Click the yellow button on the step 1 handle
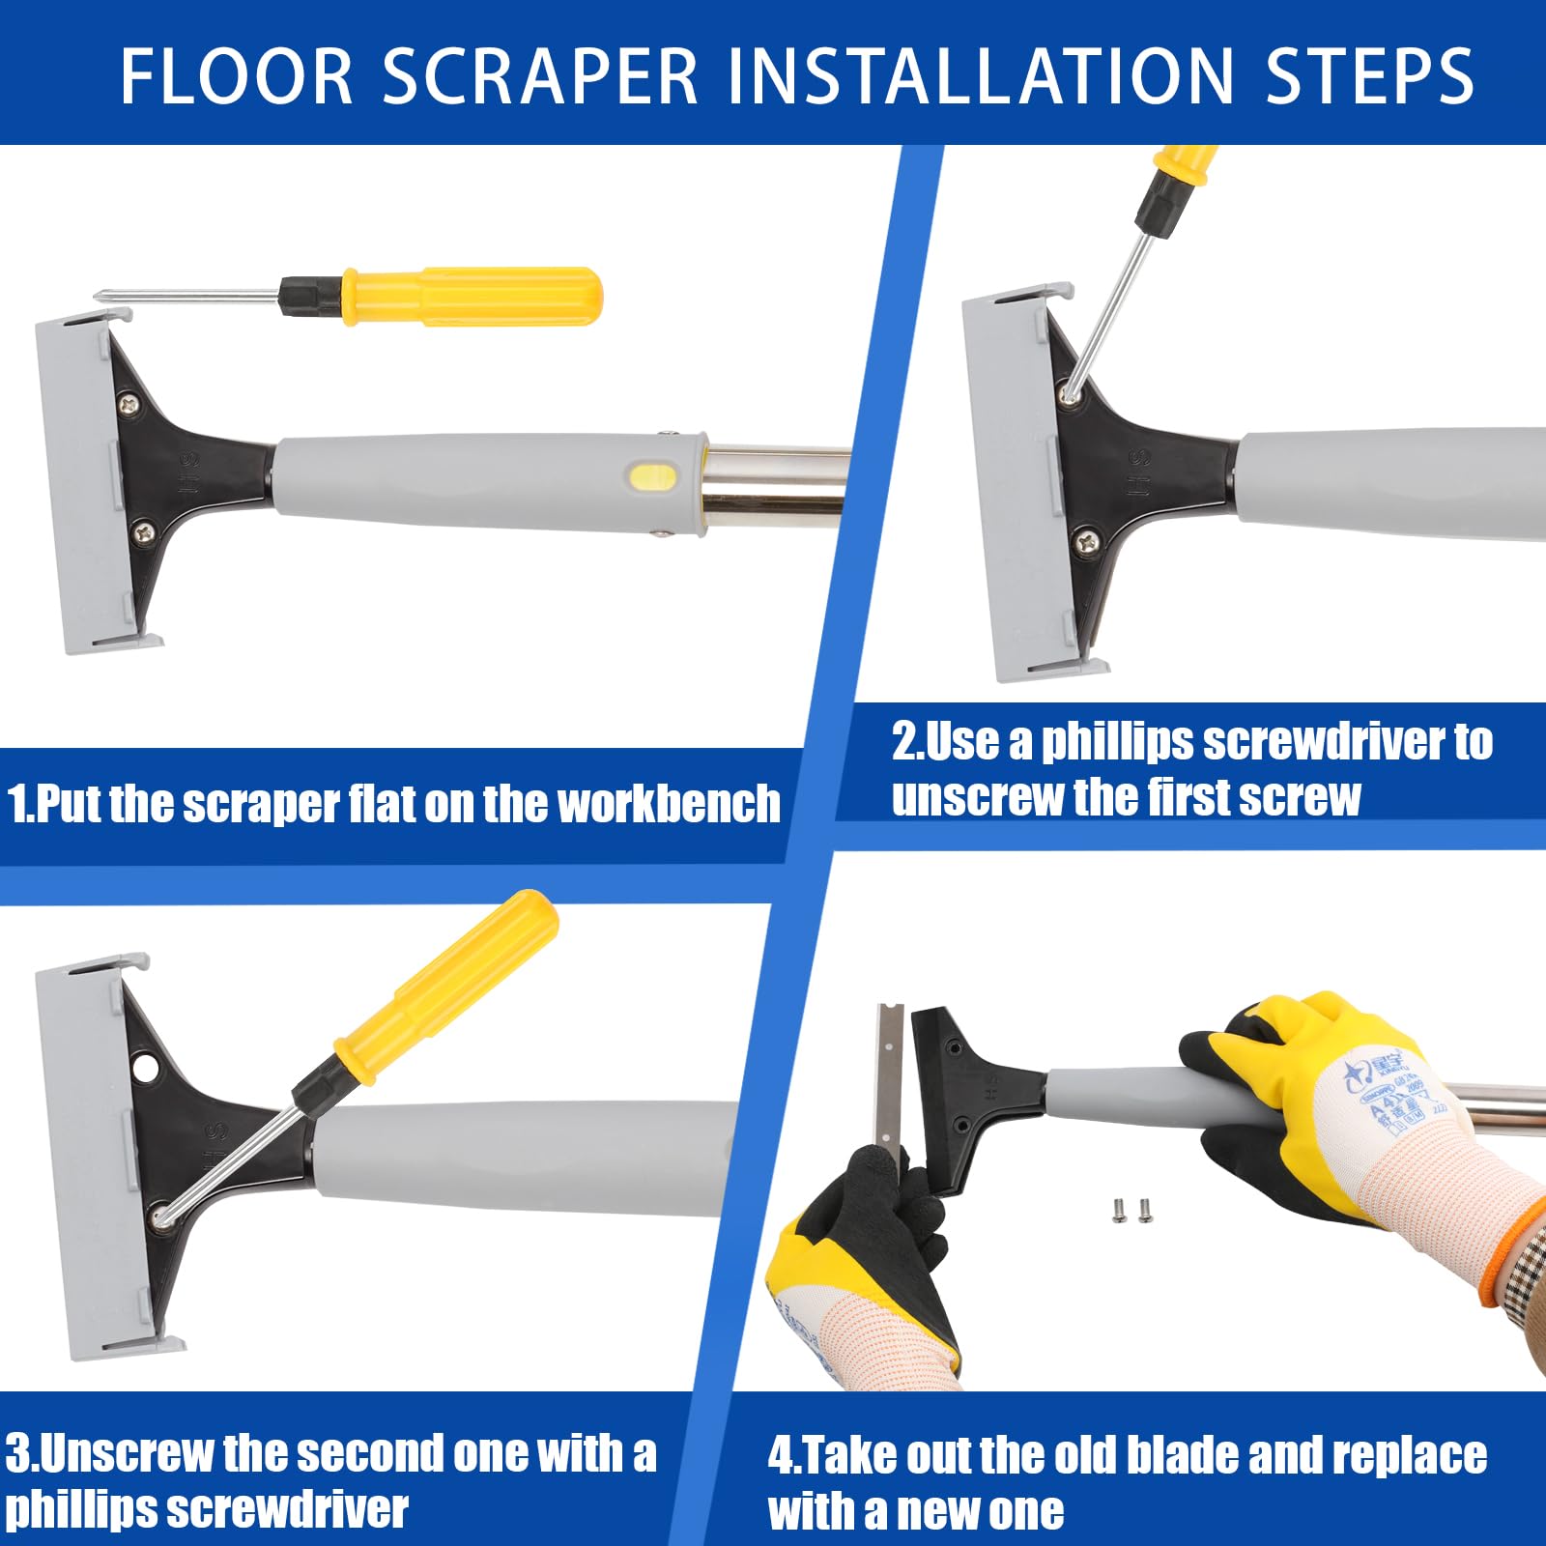[x=653, y=476]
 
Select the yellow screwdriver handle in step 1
[x=473, y=296]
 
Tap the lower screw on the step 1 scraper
[x=145, y=530]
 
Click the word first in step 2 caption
[x=1189, y=798]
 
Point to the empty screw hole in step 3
[x=145, y=1069]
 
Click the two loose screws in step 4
[x=1132, y=1209]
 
